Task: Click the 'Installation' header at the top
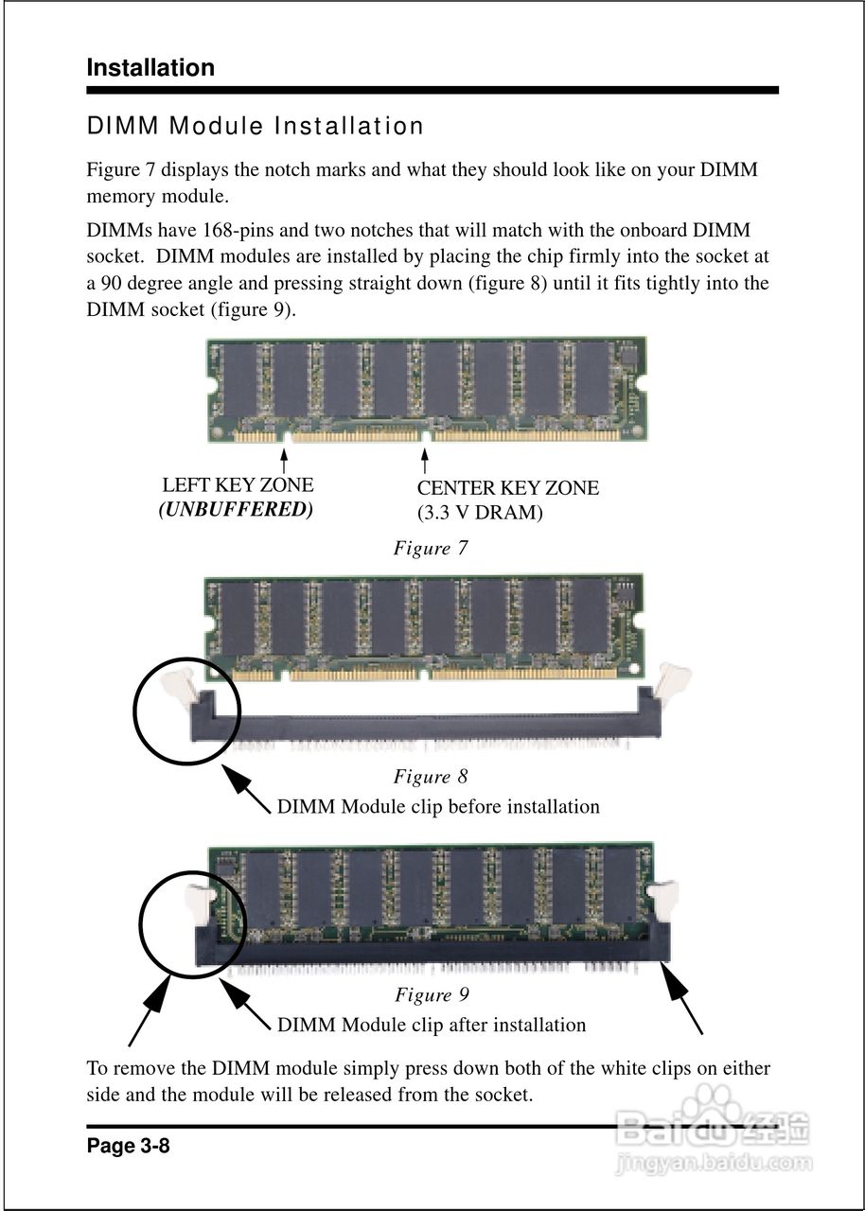150,68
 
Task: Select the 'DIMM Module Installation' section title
255,126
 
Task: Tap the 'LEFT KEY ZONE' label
238,485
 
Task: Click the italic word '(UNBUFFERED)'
236,509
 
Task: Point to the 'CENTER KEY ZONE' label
507,488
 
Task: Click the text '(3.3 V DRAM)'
480,513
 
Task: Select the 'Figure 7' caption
431,549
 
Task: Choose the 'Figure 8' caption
431,777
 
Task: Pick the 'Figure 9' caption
432,994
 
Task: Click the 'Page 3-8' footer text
128,1147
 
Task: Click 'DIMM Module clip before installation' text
438,807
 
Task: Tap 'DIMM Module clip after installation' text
432,1025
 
